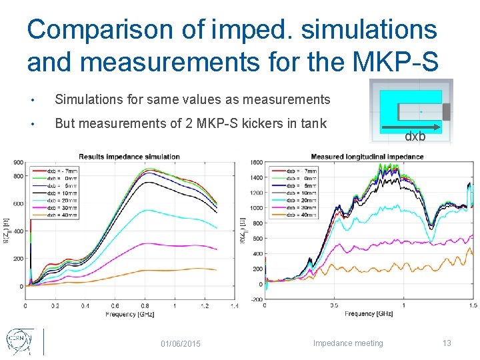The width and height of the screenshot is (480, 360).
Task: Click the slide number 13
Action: pos(447,343)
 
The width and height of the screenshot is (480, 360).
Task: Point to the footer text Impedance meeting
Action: pos(348,343)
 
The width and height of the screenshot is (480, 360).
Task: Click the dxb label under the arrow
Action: pos(415,137)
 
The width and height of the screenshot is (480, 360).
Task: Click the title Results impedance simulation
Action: pos(129,157)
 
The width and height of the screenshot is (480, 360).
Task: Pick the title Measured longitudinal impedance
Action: pos(367,157)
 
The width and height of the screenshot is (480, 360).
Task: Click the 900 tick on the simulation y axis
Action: pos(18,162)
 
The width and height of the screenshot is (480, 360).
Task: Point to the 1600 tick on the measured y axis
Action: pos(257,163)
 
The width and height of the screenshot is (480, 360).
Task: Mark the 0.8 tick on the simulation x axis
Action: pos(145,306)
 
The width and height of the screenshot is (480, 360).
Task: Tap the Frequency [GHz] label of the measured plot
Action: pos(369,313)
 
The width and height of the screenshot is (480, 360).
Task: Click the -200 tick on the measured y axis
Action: pos(256,299)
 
